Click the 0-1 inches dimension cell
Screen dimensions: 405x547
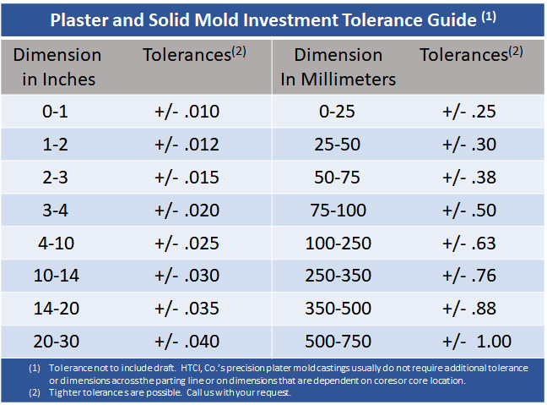pos(56,112)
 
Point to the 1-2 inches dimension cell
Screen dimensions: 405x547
pos(56,144)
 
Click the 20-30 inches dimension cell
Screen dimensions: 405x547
pos(56,341)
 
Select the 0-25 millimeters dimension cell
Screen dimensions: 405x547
pos(337,112)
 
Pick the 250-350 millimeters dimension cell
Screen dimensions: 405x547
pos(337,276)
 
